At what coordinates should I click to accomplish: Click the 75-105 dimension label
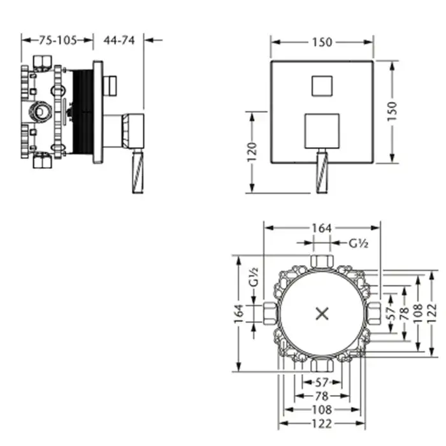(x=58, y=40)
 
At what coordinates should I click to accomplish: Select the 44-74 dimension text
(x=119, y=40)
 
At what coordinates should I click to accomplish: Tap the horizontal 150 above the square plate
(x=322, y=43)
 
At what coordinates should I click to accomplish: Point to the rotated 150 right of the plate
(x=392, y=111)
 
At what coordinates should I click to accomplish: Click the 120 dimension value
(x=252, y=152)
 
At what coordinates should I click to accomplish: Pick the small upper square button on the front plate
(x=322, y=86)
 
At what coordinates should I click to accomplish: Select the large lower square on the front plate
(x=322, y=131)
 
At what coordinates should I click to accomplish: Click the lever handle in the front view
(x=322, y=171)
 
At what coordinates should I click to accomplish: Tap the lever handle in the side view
(x=138, y=171)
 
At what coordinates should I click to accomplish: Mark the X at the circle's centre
(x=322, y=313)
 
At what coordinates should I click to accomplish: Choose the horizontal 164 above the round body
(x=322, y=228)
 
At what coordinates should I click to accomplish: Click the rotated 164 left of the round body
(x=239, y=313)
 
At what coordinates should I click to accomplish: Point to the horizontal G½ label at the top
(x=358, y=243)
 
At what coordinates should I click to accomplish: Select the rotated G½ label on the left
(x=253, y=277)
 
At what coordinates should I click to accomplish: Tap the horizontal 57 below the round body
(x=322, y=382)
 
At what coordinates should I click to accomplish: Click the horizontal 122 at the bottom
(x=322, y=424)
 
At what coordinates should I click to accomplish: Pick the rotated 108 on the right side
(x=418, y=313)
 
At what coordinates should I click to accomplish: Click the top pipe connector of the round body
(x=322, y=261)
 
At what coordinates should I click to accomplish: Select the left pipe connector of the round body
(x=270, y=313)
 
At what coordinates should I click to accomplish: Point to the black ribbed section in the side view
(x=83, y=112)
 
